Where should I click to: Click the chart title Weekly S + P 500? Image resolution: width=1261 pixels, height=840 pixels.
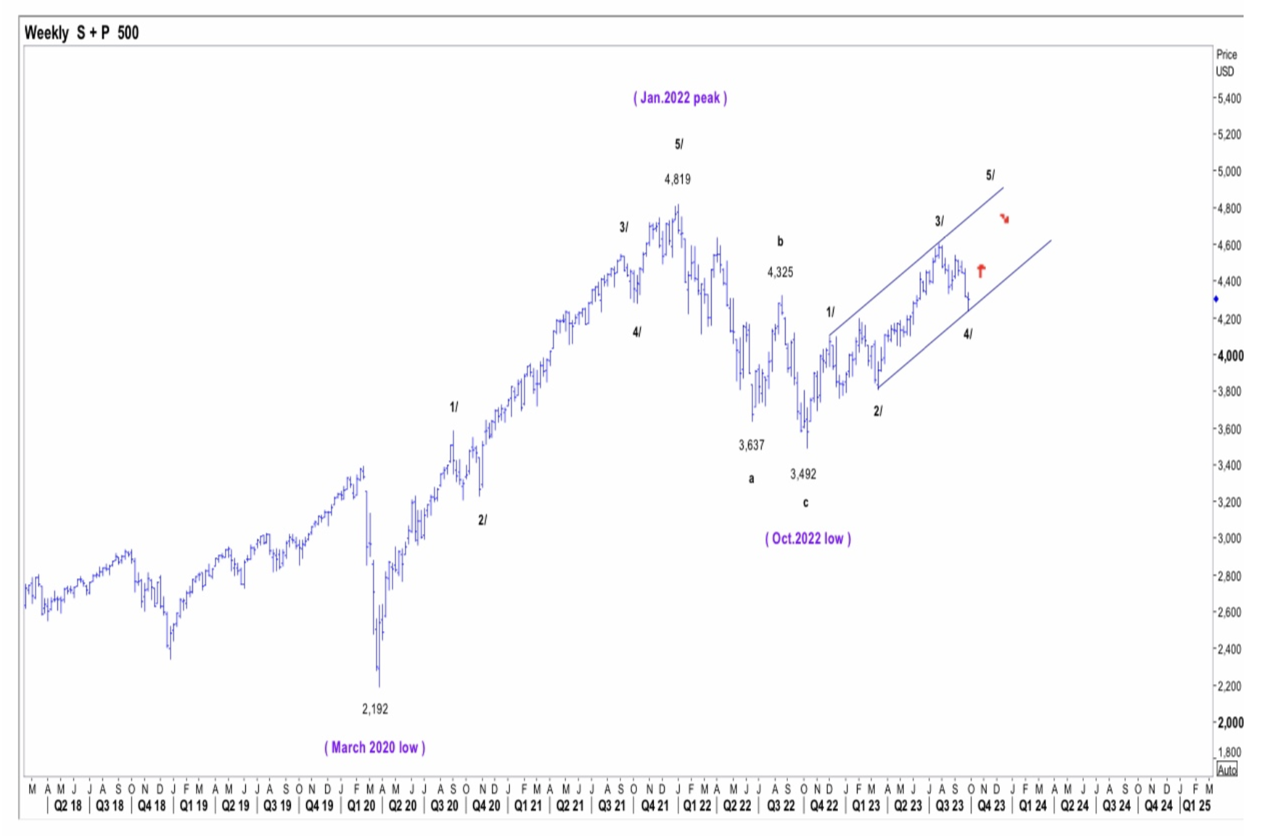click(81, 33)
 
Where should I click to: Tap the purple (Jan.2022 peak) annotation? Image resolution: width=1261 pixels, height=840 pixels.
click(680, 98)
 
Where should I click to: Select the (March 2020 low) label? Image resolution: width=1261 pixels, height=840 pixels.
click(374, 747)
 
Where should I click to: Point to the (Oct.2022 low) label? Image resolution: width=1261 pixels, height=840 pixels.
click(808, 538)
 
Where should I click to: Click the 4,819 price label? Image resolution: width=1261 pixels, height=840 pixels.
click(677, 179)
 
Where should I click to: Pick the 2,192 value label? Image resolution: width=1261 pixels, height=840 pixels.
click(375, 709)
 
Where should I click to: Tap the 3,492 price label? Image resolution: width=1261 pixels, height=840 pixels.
click(803, 474)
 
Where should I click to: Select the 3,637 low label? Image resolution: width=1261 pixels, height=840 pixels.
click(752, 445)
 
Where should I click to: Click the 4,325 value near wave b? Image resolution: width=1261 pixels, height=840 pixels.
click(780, 273)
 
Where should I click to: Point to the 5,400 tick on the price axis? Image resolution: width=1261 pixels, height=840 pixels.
click(1229, 98)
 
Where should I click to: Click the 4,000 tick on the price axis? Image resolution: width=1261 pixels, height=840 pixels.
click(1230, 355)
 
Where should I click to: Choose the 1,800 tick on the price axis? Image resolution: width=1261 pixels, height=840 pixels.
click(1229, 752)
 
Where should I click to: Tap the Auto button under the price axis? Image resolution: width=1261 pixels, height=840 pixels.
click(1227, 770)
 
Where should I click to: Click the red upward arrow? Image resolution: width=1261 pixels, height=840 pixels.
click(981, 271)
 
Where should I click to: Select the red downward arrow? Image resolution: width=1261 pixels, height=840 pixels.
click(1004, 218)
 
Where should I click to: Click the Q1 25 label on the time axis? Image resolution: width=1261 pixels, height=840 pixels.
click(1196, 806)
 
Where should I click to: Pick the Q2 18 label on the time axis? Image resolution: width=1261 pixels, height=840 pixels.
click(68, 806)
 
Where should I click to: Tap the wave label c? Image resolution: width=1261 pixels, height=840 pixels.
click(805, 503)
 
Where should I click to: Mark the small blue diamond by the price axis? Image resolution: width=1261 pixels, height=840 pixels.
click(1216, 299)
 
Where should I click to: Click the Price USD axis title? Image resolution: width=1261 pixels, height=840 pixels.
click(1225, 63)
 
